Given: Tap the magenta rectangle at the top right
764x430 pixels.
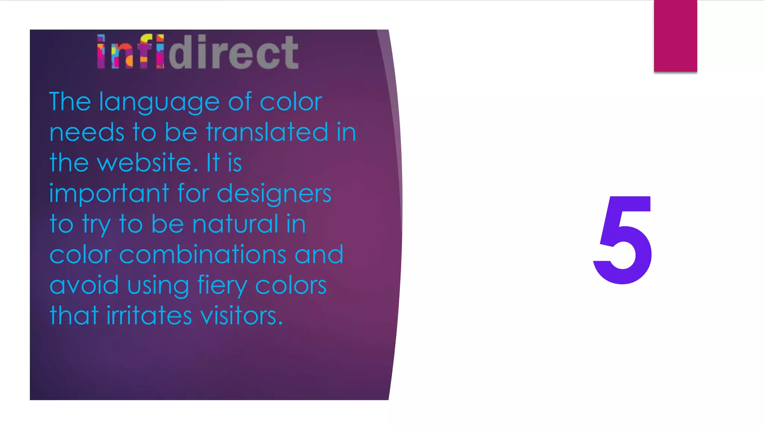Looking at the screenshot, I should [x=675, y=36].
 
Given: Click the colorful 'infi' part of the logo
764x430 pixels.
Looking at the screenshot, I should [x=130, y=52].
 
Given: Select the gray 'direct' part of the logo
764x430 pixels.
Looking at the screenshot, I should [x=234, y=53].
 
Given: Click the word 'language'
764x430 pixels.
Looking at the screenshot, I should [x=159, y=103].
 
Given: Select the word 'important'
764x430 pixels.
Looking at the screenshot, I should [x=109, y=194].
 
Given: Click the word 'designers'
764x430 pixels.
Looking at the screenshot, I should [x=274, y=194].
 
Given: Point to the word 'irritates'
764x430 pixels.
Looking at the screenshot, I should [x=149, y=316].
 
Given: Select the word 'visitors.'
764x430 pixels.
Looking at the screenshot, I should [x=241, y=316].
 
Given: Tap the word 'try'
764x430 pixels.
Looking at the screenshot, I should [x=96, y=225].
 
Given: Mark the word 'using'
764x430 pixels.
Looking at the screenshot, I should [x=158, y=286].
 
